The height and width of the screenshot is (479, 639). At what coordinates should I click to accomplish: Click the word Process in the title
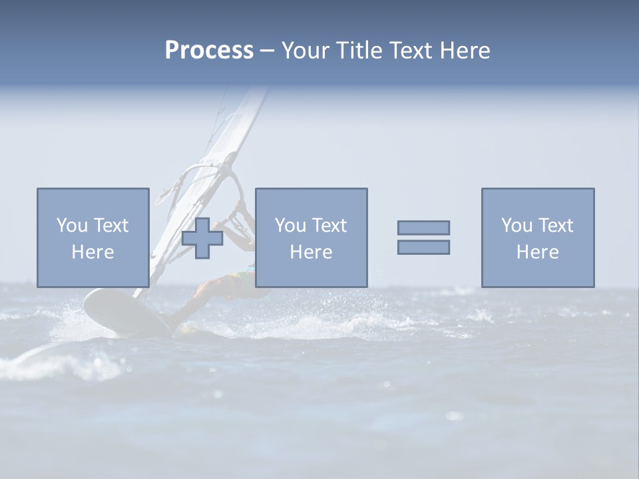(x=209, y=51)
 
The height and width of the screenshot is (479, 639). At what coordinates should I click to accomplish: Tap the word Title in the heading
(x=357, y=51)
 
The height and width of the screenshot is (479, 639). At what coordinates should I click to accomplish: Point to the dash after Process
(x=267, y=51)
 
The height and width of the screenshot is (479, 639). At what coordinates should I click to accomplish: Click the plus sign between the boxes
(x=202, y=238)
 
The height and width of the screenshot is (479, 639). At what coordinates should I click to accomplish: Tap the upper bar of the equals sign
(x=423, y=228)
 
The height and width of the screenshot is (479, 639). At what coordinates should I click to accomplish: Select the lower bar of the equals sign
(x=423, y=247)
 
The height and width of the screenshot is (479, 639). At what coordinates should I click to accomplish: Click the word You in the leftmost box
(x=72, y=226)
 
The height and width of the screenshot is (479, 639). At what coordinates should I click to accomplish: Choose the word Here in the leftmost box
(x=93, y=252)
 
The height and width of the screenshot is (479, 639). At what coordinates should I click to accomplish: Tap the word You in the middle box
(x=290, y=226)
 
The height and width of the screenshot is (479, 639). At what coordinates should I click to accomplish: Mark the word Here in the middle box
(x=311, y=252)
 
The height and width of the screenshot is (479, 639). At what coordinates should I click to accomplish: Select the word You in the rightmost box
(x=517, y=226)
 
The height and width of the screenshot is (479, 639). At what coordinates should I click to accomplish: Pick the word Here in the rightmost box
(x=537, y=252)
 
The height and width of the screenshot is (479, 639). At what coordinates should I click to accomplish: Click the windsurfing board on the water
(x=123, y=313)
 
